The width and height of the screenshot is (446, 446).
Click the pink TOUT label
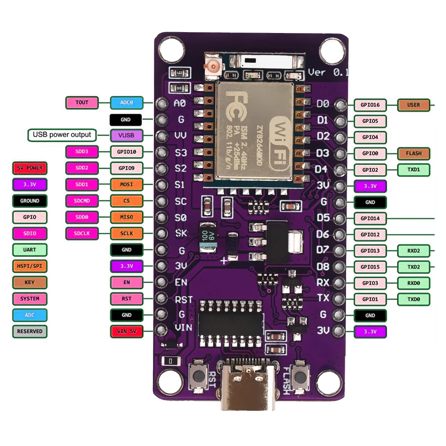point(82,103)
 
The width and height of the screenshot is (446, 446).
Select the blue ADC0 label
point(126,103)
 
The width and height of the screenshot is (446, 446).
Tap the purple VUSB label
point(126,135)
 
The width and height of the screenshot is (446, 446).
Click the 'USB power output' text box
point(62,135)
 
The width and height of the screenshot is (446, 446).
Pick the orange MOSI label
point(126,184)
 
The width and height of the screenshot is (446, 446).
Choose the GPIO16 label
point(370,105)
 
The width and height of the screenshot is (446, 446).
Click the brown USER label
point(413,105)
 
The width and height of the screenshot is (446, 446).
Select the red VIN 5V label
point(126,331)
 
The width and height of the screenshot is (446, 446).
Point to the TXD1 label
point(413,169)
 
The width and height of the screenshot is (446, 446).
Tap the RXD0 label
point(413,283)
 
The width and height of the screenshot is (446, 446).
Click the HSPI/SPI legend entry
point(29,266)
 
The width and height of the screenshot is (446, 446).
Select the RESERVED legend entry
point(29,331)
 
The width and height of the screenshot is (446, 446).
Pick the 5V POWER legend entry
point(29,168)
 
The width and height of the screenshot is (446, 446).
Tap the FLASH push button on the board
point(301,377)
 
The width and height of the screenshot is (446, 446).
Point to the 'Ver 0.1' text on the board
point(328,72)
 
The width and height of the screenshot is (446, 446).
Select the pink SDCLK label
point(82,233)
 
